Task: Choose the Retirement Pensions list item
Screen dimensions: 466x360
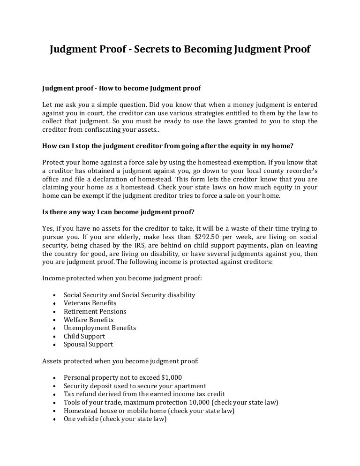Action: (95, 311)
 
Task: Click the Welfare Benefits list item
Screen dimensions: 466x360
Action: (89, 320)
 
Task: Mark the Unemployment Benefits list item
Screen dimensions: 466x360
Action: (100, 328)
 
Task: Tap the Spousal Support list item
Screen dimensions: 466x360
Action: (88, 344)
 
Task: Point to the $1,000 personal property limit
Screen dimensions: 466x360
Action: (171, 377)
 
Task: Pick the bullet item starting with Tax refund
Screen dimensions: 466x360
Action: (144, 394)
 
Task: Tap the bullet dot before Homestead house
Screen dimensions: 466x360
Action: (56, 411)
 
